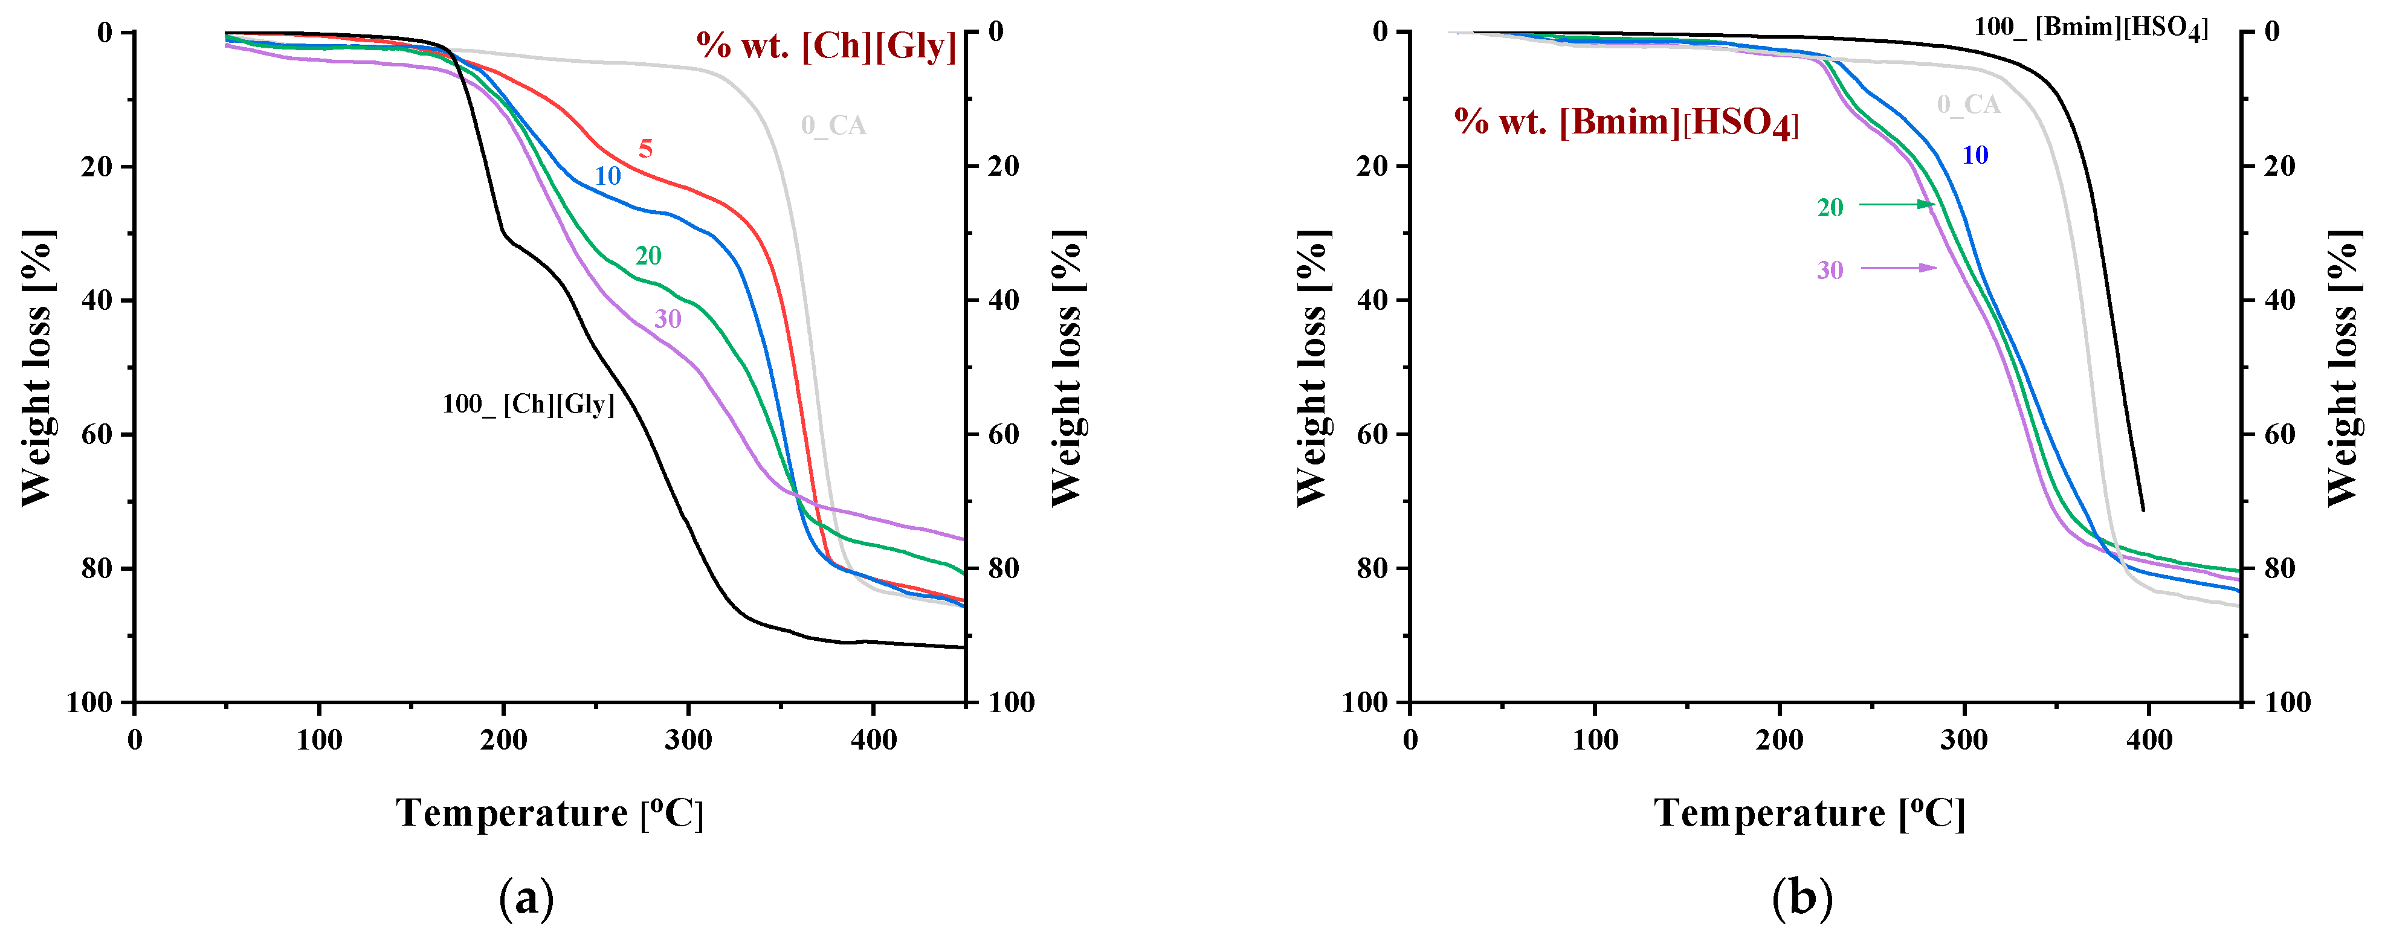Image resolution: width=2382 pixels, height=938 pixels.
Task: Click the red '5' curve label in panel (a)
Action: (645, 149)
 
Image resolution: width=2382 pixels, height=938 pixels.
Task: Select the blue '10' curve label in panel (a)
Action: (607, 176)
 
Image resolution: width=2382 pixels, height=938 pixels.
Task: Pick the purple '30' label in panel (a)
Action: (668, 319)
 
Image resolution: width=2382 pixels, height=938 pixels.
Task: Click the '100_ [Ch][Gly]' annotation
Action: (528, 405)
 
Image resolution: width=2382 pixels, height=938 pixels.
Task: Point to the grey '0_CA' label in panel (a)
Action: (833, 126)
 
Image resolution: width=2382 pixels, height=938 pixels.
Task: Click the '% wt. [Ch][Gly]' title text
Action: (826, 47)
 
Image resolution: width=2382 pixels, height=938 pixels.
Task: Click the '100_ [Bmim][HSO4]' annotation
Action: (2091, 28)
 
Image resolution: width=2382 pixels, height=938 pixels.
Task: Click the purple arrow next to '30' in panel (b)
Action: (1899, 268)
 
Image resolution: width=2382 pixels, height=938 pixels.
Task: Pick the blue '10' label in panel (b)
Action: (1975, 155)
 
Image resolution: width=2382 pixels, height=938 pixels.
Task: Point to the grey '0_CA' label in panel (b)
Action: (1969, 105)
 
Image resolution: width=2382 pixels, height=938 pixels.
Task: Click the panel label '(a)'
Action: (526, 898)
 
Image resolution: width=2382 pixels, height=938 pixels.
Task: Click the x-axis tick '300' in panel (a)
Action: (688, 740)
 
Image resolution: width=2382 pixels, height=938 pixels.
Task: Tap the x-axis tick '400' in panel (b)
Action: (2149, 740)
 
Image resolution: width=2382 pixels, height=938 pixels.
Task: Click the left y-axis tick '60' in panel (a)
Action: (98, 434)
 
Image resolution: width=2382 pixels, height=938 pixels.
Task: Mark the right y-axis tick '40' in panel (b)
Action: (2279, 300)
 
